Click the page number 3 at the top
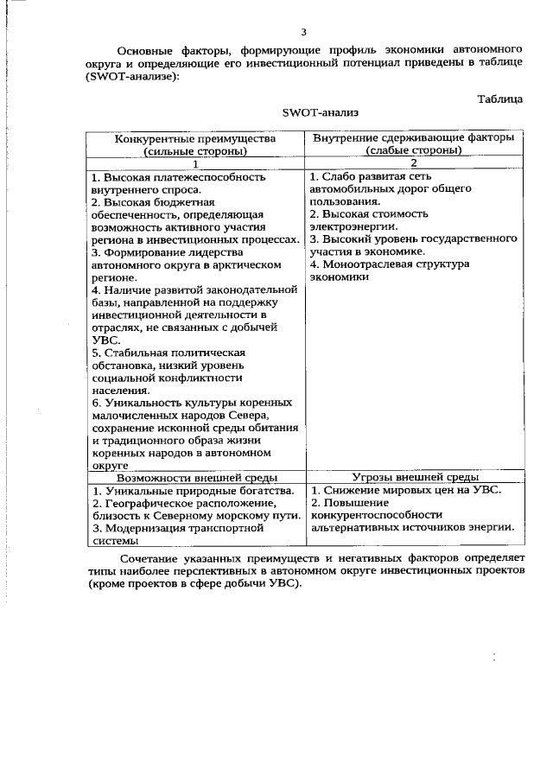(303, 33)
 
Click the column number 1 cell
(195, 163)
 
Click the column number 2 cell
(413, 163)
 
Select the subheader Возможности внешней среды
(196, 477)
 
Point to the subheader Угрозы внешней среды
(413, 477)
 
